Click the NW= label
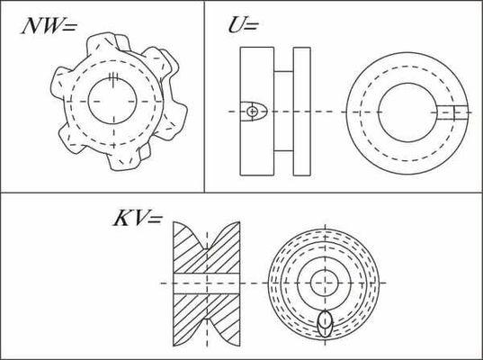(x=49, y=26)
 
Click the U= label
(x=243, y=25)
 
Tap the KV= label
(x=138, y=218)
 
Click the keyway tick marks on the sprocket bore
(x=114, y=79)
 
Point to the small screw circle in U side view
(x=252, y=112)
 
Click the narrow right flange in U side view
(x=302, y=112)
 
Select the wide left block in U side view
(x=257, y=112)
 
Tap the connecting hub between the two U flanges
(x=283, y=112)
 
